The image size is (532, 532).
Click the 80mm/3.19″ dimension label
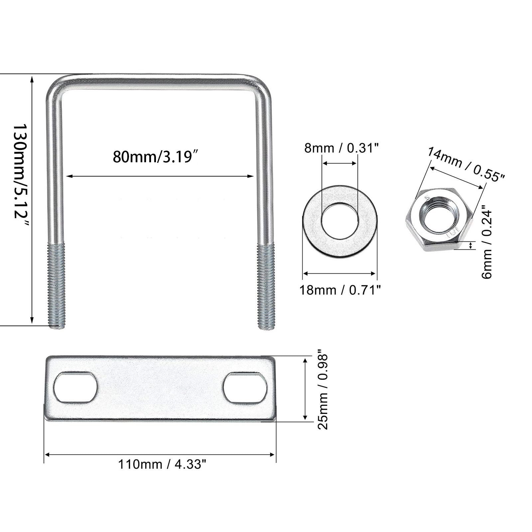coord(157,156)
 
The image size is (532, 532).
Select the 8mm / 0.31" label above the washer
coord(342,148)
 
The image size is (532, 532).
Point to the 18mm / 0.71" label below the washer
coord(340,290)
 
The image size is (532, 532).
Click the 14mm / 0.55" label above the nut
coord(465,165)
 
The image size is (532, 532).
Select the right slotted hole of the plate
coord(245,388)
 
